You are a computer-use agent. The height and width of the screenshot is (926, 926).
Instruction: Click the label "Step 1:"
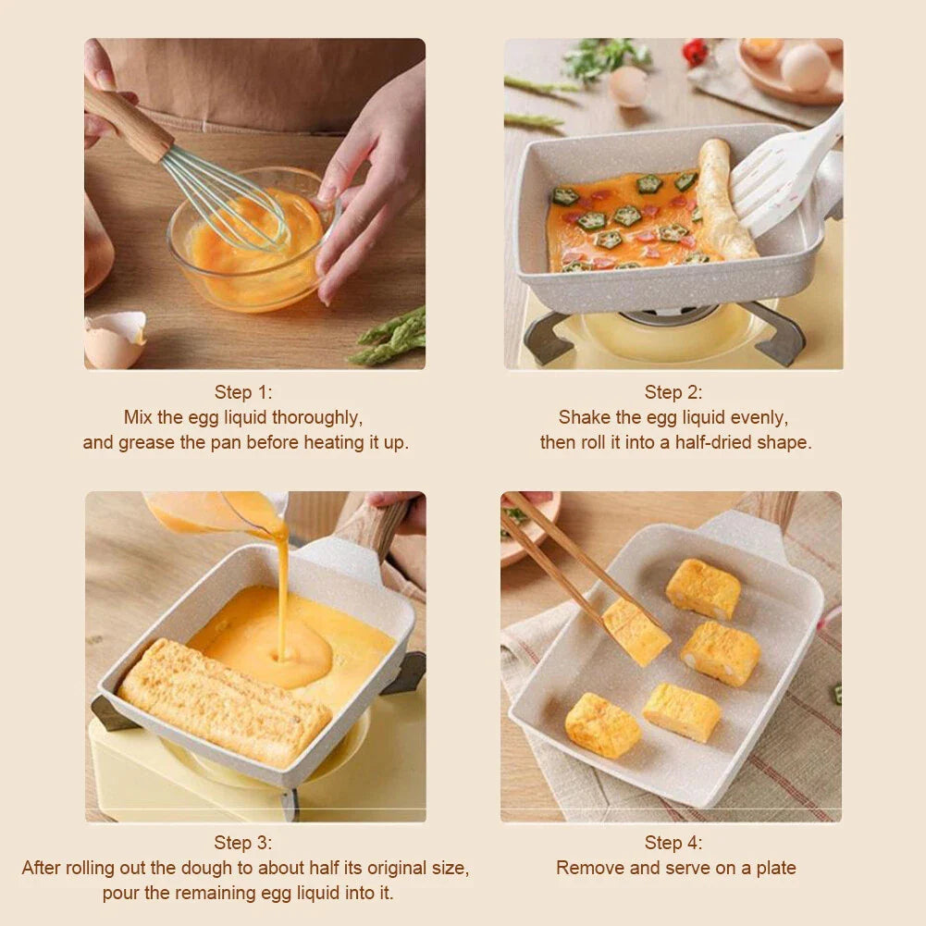244,392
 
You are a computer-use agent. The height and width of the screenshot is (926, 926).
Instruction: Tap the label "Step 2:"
673,392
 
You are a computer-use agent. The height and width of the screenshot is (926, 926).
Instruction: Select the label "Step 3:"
244,843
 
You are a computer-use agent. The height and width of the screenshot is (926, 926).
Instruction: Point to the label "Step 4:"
673,843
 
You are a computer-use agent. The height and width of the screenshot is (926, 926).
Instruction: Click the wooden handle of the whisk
127,119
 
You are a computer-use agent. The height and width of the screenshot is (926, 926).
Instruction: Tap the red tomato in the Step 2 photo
695,52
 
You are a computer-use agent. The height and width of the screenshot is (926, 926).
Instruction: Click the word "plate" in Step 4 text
774,868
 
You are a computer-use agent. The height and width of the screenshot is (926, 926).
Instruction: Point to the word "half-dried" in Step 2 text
712,442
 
